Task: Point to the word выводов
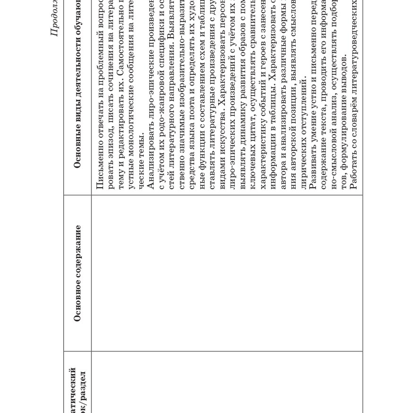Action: (x=343, y=74)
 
